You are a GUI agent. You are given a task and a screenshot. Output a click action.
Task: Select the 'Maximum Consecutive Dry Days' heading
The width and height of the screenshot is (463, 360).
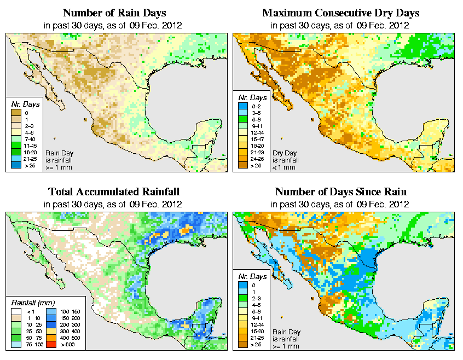coord(340,13)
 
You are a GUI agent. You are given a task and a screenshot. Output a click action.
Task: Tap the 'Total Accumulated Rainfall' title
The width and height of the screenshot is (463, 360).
coord(113,192)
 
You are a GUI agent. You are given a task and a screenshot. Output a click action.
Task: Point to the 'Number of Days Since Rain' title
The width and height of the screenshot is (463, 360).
coord(340,192)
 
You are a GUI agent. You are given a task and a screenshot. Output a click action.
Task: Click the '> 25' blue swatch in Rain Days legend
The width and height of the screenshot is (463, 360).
coord(16,165)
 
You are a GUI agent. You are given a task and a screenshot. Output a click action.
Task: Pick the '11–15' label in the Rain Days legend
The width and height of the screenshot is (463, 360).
coord(30,146)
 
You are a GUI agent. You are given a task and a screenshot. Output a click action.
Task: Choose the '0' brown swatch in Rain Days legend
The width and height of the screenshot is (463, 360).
coord(16,113)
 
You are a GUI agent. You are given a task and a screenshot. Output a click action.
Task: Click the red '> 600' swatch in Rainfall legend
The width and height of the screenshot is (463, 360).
coord(51,345)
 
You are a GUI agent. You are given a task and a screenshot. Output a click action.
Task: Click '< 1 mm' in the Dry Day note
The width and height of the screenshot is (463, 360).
coord(281,167)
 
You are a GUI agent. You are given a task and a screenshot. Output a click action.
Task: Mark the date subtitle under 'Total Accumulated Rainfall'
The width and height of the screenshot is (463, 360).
coord(113,204)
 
